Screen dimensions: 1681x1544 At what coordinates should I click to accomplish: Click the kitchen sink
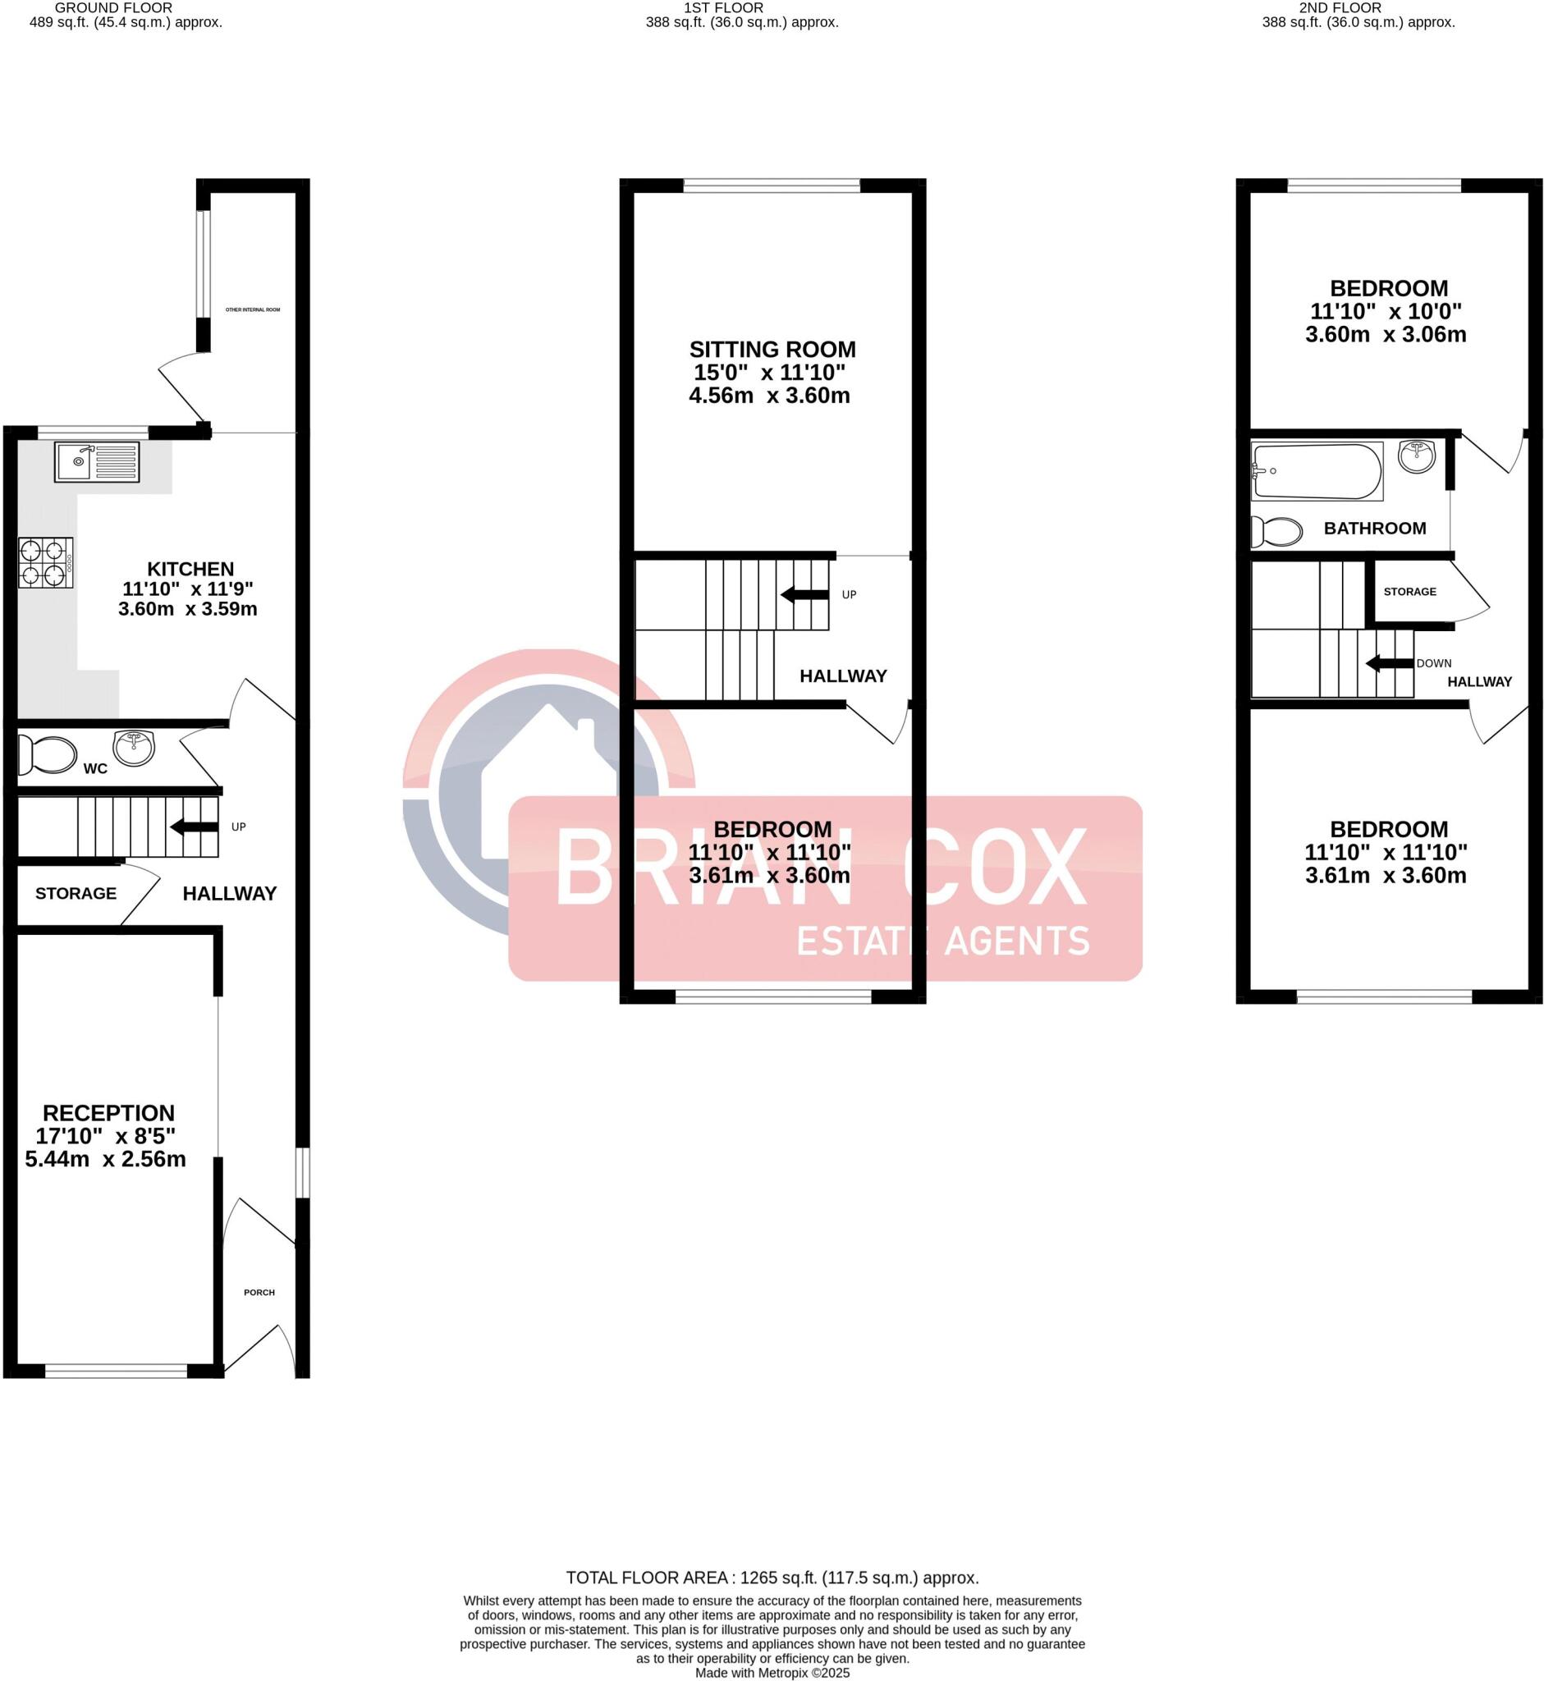97,462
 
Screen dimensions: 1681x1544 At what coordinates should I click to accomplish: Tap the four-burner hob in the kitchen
44,562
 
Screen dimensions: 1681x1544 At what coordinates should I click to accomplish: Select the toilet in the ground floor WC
48,754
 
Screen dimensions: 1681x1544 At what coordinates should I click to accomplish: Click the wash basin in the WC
134,746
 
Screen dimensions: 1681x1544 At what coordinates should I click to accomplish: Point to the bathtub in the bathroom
1316,471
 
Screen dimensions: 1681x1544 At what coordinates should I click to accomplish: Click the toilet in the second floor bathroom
1277,531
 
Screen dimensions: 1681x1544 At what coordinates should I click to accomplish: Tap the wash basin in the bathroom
1416,456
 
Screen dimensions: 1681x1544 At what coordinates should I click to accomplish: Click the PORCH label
259,1293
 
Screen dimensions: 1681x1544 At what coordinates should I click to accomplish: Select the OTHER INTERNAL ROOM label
252,310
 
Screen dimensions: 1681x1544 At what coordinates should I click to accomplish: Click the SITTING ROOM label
772,349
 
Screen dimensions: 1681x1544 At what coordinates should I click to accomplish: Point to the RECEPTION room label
108,1113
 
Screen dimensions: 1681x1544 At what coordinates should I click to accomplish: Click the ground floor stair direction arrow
190,827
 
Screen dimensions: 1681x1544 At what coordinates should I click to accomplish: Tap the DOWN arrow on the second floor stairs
1388,663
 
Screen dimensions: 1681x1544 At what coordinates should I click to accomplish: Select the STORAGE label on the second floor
1409,592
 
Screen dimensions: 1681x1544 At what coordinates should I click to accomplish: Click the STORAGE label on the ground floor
76,893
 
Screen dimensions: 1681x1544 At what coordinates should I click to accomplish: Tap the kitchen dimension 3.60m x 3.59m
188,609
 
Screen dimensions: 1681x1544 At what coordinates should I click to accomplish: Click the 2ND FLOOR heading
1340,7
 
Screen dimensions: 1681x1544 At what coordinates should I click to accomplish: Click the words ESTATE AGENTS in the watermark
942,941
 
